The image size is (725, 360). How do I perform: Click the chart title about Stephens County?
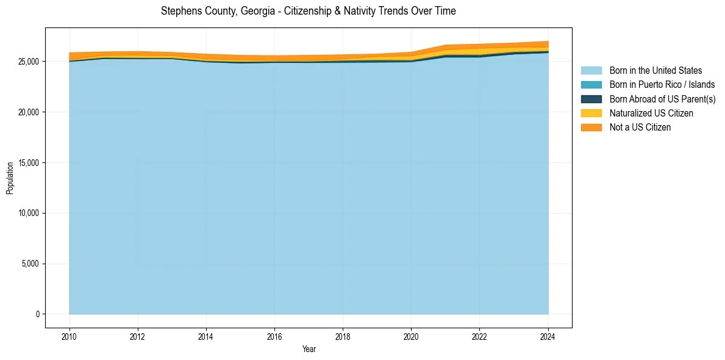click(308, 11)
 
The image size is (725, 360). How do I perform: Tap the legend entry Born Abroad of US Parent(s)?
click(662, 99)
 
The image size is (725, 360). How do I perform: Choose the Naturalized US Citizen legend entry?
click(651, 113)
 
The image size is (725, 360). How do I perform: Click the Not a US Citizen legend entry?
click(640, 128)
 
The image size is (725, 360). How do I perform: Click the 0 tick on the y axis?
click(37, 314)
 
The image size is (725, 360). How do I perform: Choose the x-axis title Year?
click(309, 349)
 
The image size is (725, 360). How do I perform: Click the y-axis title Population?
click(10, 178)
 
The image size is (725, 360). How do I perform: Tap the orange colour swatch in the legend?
click(591, 128)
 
